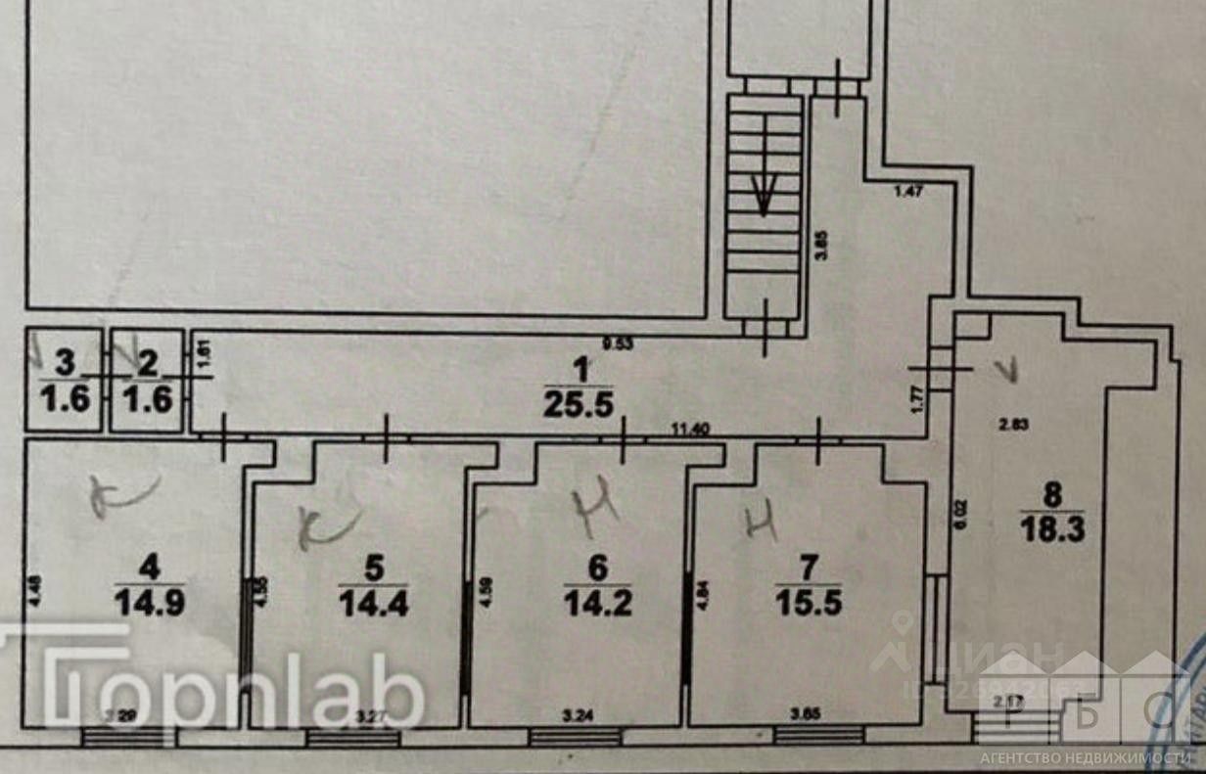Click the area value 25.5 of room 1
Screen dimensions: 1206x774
[580, 404]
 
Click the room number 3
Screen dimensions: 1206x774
[65, 363]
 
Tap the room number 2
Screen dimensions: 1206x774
[148, 363]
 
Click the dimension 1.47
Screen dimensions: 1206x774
[909, 193]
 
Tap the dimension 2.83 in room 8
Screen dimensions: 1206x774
[1012, 424]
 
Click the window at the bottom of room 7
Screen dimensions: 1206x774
[817, 735]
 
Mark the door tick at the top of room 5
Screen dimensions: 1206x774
[386, 437]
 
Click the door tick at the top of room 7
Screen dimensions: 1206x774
[819, 437]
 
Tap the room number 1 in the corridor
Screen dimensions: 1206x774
[581, 370]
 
